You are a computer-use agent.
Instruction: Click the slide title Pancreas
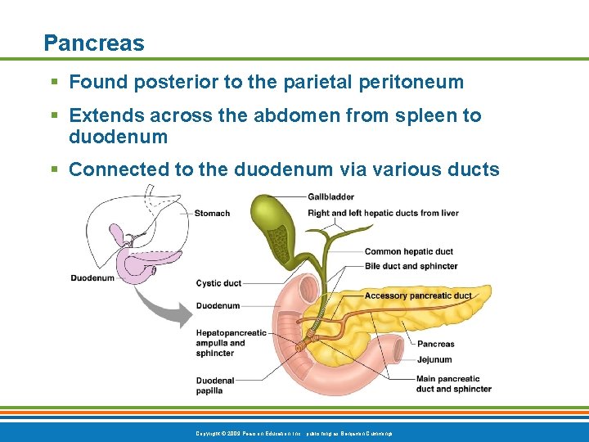(x=94, y=43)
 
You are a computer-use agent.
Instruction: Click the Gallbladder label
(x=330, y=196)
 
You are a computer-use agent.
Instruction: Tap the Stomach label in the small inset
(x=212, y=214)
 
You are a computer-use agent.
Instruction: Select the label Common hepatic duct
(x=408, y=251)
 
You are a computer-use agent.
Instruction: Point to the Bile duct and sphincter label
(x=411, y=266)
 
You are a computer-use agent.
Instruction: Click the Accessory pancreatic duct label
(x=418, y=295)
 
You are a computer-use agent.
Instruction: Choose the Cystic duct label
(x=218, y=283)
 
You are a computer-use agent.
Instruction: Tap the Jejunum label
(x=434, y=359)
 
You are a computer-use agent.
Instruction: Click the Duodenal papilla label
(x=215, y=386)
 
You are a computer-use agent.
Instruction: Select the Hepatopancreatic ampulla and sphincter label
(x=231, y=343)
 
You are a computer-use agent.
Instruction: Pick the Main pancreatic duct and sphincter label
(x=453, y=384)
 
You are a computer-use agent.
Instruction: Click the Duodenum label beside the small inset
(x=92, y=278)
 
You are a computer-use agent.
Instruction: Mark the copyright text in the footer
(x=294, y=431)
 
